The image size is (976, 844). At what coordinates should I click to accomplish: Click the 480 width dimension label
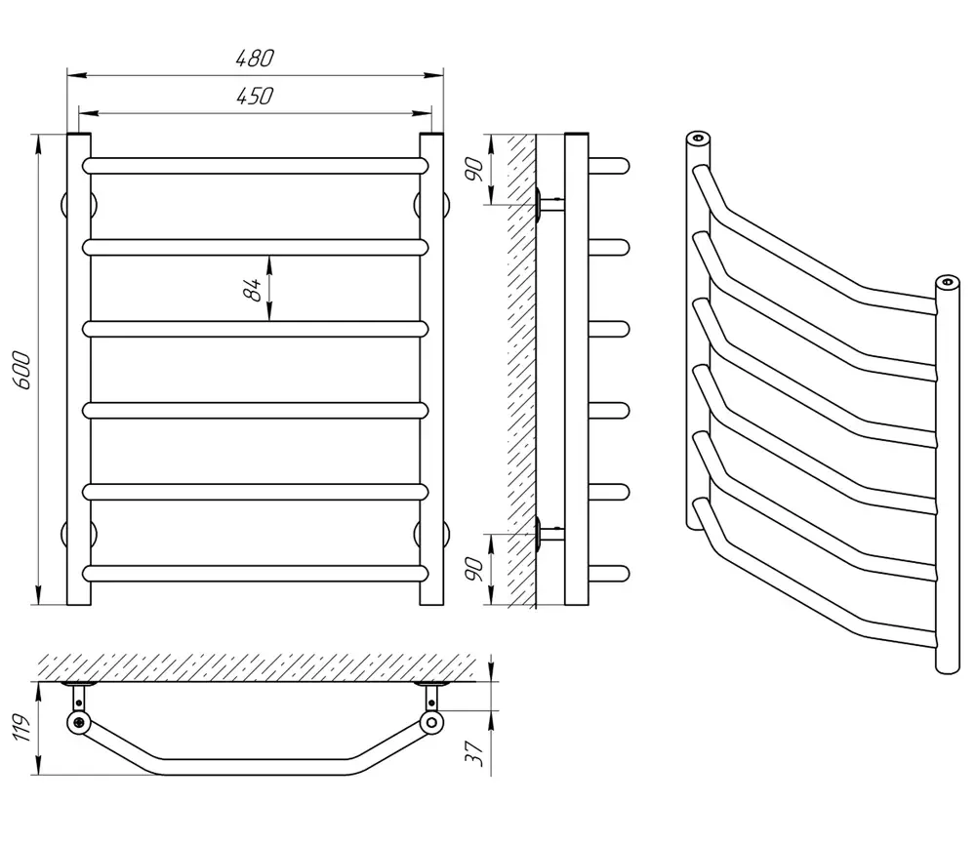coord(255,58)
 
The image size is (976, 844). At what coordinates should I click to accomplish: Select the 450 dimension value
coord(255,96)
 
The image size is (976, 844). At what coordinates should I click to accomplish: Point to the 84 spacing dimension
coord(252,290)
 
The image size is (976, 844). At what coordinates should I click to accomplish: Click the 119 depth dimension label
coord(21,728)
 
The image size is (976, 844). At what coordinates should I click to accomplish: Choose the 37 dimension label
coord(475,754)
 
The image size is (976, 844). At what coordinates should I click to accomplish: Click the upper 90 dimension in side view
coord(474,170)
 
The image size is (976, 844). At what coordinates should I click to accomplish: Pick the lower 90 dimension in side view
coord(474,569)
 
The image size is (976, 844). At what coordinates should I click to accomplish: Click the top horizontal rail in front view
coord(255,166)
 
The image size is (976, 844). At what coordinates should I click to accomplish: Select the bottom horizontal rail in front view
coord(255,574)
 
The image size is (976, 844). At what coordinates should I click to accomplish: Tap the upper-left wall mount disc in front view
coord(79,204)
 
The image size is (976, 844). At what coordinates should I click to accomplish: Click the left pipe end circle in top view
coord(79,723)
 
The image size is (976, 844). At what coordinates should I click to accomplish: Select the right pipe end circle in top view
coord(431,723)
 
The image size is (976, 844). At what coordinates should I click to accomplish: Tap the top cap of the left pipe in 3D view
coord(699,138)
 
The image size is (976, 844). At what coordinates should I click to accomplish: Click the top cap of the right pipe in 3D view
coord(948,282)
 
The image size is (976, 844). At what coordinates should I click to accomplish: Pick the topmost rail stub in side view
coord(609,166)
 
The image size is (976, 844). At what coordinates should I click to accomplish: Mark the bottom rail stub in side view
coord(609,574)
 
